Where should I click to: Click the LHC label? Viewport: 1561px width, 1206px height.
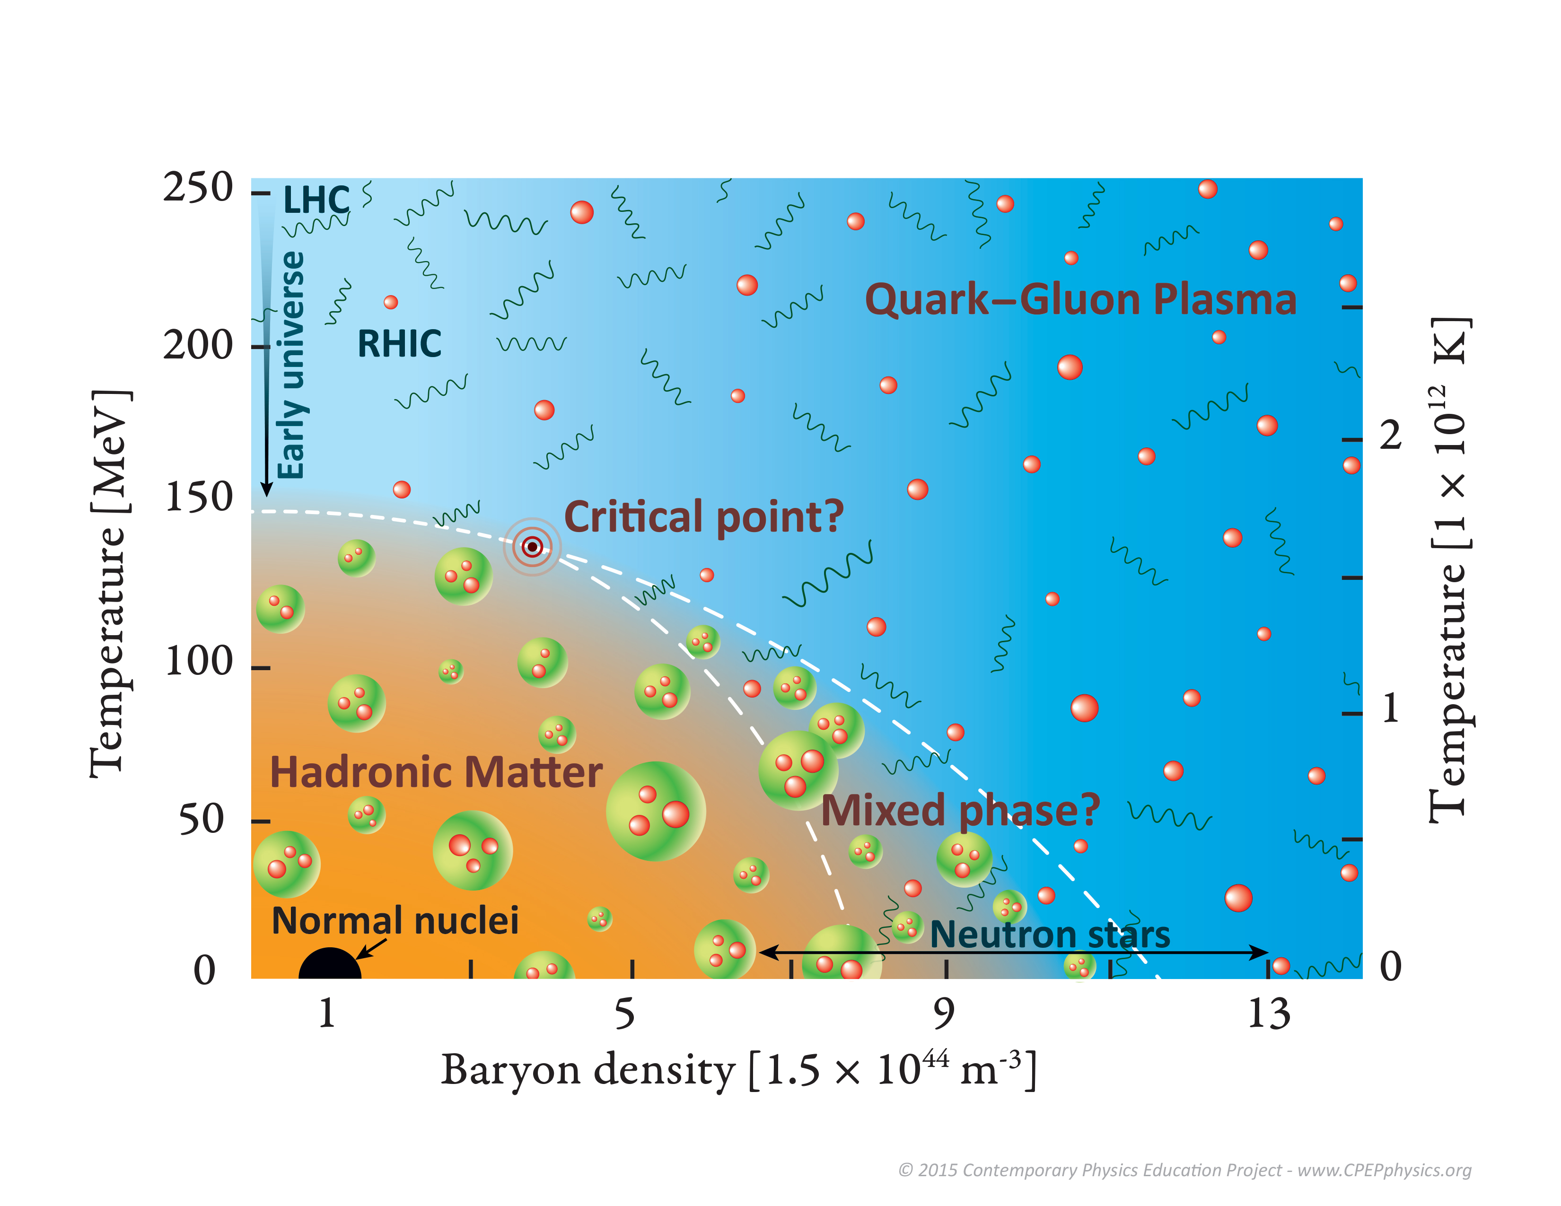[316, 200]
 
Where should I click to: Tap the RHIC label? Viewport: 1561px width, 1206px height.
[399, 344]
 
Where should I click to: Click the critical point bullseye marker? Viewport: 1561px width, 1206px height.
[532, 547]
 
